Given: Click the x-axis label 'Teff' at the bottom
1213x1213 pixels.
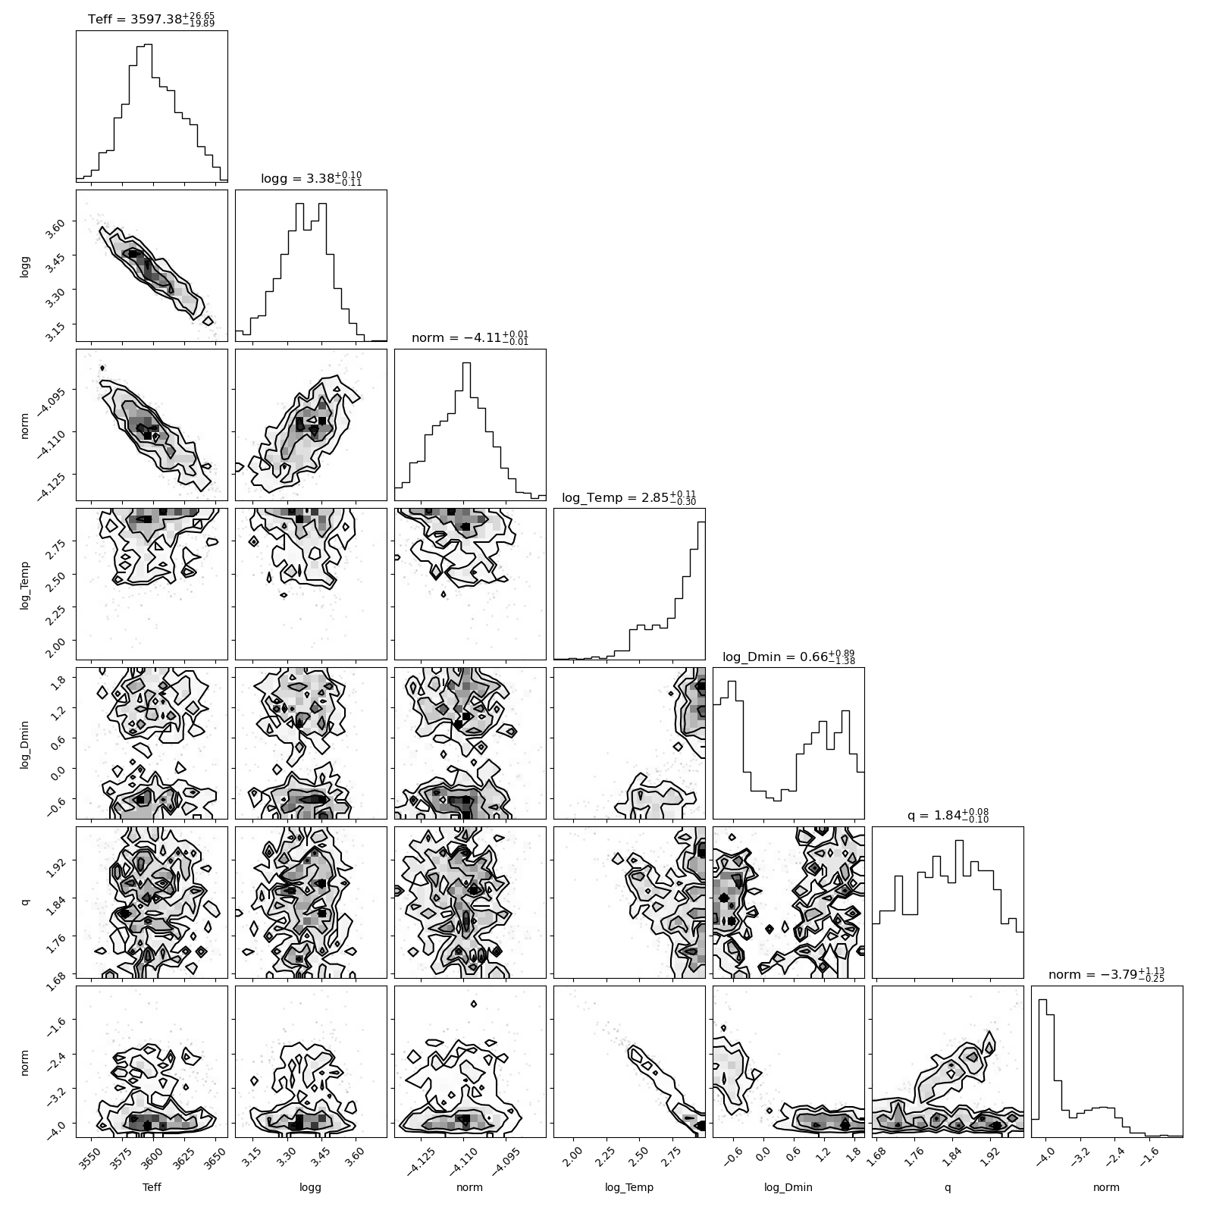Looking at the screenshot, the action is tap(152, 1187).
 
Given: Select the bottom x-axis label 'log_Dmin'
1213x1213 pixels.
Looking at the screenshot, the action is tap(788, 1188).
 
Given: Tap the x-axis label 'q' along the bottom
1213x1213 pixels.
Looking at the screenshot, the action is tap(948, 1189).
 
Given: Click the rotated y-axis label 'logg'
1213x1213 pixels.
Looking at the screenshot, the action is tap(25, 265).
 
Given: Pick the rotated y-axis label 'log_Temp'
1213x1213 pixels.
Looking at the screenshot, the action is tap(25, 584).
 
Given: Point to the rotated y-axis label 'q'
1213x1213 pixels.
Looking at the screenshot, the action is tap(26, 902).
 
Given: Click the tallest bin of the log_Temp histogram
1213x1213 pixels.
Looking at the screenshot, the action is tap(701, 591).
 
